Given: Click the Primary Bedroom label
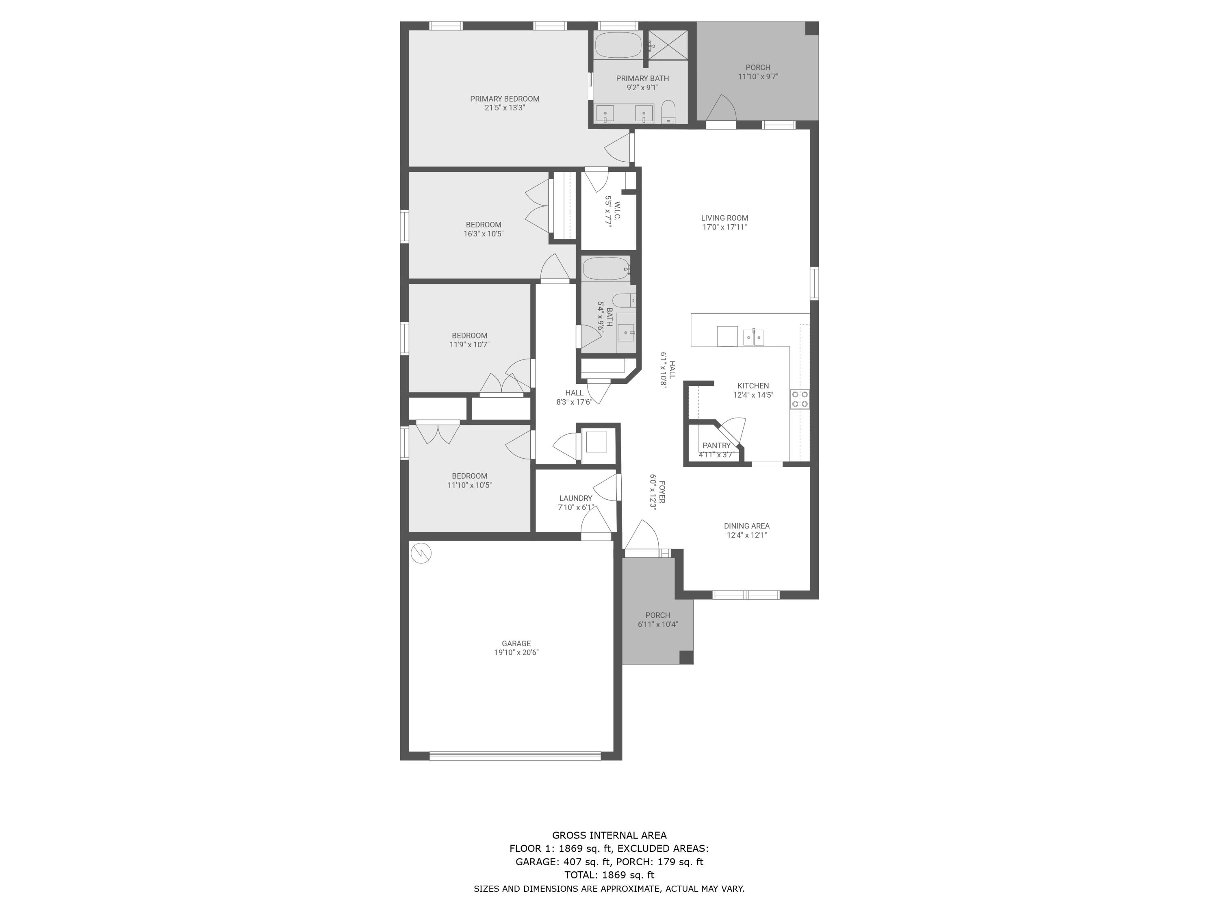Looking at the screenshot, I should pyautogui.click(x=504, y=99).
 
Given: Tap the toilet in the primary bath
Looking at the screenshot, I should pyautogui.click(x=668, y=111).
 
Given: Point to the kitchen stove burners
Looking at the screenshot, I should pyautogui.click(x=800, y=399).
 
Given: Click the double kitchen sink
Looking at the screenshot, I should pyautogui.click(x=753, y=337).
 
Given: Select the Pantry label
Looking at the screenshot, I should pyautogui.click(x=716, y=445).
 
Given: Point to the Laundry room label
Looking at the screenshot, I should pyautogui.click(x=575, y=498).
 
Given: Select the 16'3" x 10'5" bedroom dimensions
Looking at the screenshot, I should pyautogui.click(x=483, y=234).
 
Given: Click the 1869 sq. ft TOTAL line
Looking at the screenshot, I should pyautogui.click(x=609, y=874).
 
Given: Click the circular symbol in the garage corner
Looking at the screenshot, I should pyautogui.click(x=421, y=553).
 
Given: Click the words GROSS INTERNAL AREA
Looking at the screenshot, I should pyautogui.click(x=609, y=835).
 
